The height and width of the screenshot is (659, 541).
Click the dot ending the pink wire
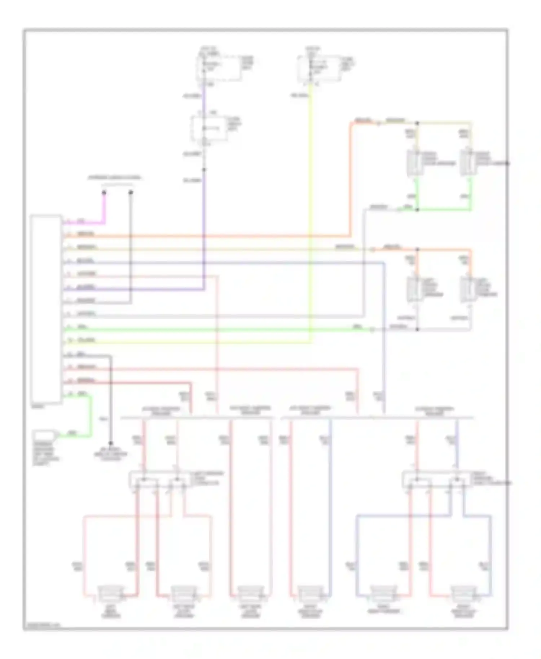(x=104, y=193)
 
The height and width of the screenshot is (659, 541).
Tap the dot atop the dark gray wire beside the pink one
(x=131, y=193)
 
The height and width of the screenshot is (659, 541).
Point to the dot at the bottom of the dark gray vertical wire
(x=111, y=443)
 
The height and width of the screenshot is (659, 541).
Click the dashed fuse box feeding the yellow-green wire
(x=318, y=68)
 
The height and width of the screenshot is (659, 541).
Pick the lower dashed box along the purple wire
(x=209, y=129)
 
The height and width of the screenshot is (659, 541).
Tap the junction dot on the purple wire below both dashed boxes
(x=204, y=169)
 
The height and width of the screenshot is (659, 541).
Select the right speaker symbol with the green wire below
(x=467, y=163)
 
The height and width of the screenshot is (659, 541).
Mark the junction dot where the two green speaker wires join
(x=417, y=209)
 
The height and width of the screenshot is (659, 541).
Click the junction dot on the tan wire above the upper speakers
(x=417, y=123)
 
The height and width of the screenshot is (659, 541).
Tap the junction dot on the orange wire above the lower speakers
(x=417, y=249)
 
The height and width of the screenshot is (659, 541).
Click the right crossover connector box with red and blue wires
(x=436, y=480)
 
